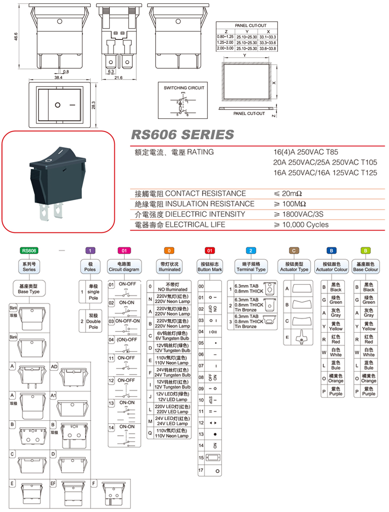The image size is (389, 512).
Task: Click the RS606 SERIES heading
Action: click(x=182, y=135)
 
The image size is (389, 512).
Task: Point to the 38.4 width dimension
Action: click(x=59, y=77)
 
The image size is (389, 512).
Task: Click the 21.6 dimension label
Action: click(x=118, y=78)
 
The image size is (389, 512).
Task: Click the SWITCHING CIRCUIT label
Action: click(x=184, y=88)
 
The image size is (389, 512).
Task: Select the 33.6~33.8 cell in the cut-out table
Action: click(x=268, y=48)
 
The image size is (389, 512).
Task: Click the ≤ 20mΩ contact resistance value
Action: click(x=290, y=193)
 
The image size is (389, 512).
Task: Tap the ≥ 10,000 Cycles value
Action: click(x=301, y=224)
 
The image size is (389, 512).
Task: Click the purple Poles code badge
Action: click(x=89, y=250)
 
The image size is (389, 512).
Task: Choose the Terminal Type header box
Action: click(x=251, y=266)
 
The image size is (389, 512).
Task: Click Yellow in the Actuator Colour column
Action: click(x=336, y=326)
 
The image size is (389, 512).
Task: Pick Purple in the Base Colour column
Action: click(x=369, y=391)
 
